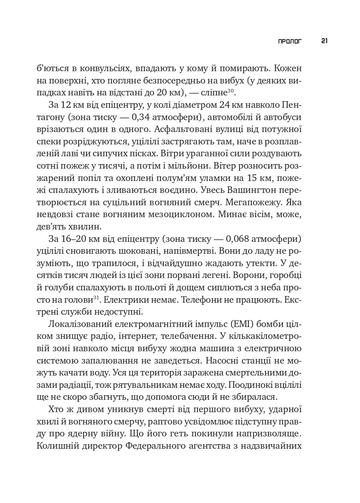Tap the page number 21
pos(324,41)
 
